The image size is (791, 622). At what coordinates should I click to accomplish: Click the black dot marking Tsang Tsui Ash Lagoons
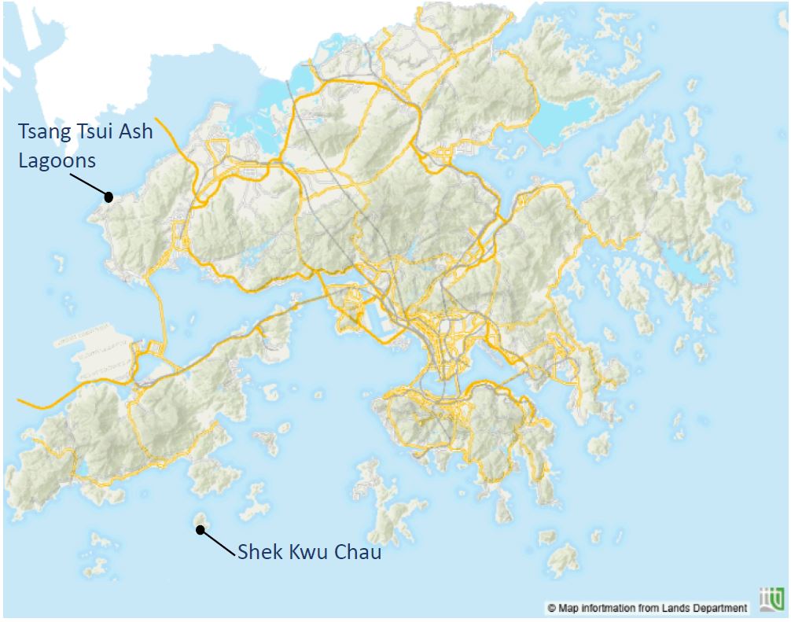(x=109, y=197)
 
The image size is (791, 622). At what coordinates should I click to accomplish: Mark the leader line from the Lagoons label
(x=88, y=185)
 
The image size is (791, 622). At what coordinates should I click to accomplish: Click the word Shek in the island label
(x=259, y=552)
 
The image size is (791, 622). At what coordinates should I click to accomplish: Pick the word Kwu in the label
(x=307, y=552)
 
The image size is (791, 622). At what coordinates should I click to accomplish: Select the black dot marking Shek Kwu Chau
(x=201, y=530)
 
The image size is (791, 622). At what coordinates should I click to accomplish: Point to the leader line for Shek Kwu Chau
(x=219, y=541)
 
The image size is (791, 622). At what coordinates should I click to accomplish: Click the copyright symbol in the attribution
(x=552, y=608)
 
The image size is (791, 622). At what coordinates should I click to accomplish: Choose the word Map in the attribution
(x=568, y=608)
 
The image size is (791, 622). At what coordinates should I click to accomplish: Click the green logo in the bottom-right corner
(x=772, y=599)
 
